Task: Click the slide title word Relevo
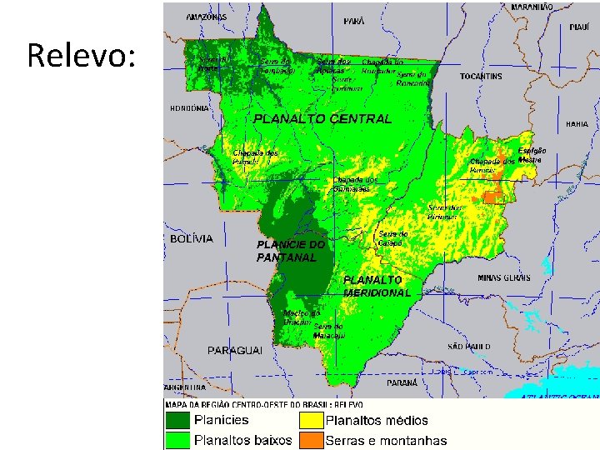click(81, 56)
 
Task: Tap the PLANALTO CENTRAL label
click(322, 119)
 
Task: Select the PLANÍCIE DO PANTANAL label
click(290, 251)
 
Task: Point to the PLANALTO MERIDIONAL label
click(377, 287)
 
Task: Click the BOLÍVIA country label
click(191, 238)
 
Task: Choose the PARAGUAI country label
click(235, 350)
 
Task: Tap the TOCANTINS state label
click(481, 77)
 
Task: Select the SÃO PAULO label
click(468, 346)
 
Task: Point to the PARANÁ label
click(402, 382)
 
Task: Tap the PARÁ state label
click(353, 21)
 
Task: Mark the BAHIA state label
click(577, 123)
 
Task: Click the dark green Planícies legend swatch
click(177, 420)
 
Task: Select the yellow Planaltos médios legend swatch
click(310, 420)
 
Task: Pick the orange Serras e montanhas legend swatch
click(310, 440)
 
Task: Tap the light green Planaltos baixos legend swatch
click(177, 440)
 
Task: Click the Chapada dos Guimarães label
click(356, 184)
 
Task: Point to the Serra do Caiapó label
click(392, 238)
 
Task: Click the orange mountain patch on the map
click(493, 197)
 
